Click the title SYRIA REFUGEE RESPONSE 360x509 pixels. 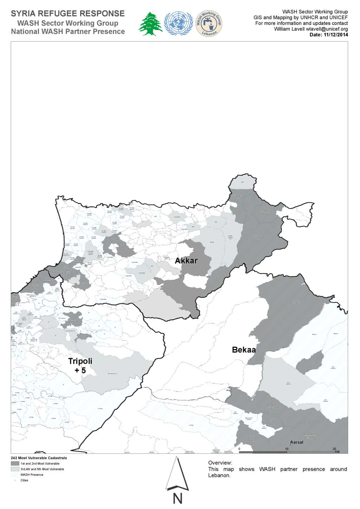pos(67,14)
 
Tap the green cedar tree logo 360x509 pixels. pos(151,24)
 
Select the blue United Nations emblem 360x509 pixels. pos(179,24)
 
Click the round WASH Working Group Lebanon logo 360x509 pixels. pos(209,24)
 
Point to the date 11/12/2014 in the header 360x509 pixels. pos(335,35)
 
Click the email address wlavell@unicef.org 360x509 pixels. pos(327,29)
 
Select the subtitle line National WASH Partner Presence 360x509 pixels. pos(68,32)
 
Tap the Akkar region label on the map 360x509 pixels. pos(186,261)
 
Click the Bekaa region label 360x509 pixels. pos(244,350)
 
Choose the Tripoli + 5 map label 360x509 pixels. pos(80,366)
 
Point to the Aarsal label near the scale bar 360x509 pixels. pos(296,442)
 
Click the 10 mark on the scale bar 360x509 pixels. pos(287,449)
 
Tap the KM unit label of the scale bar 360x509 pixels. pos(337,452)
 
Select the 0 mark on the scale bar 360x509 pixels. pos(239,449)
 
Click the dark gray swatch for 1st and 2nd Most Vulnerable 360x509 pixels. pos(15,464)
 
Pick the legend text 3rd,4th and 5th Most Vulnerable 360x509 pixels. pos(42,469)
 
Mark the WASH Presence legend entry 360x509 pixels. pos(32,475)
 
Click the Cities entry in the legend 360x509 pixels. pos(24,481)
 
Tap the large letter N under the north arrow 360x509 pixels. pos(178,499)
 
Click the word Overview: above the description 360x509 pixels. pos(220,463)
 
